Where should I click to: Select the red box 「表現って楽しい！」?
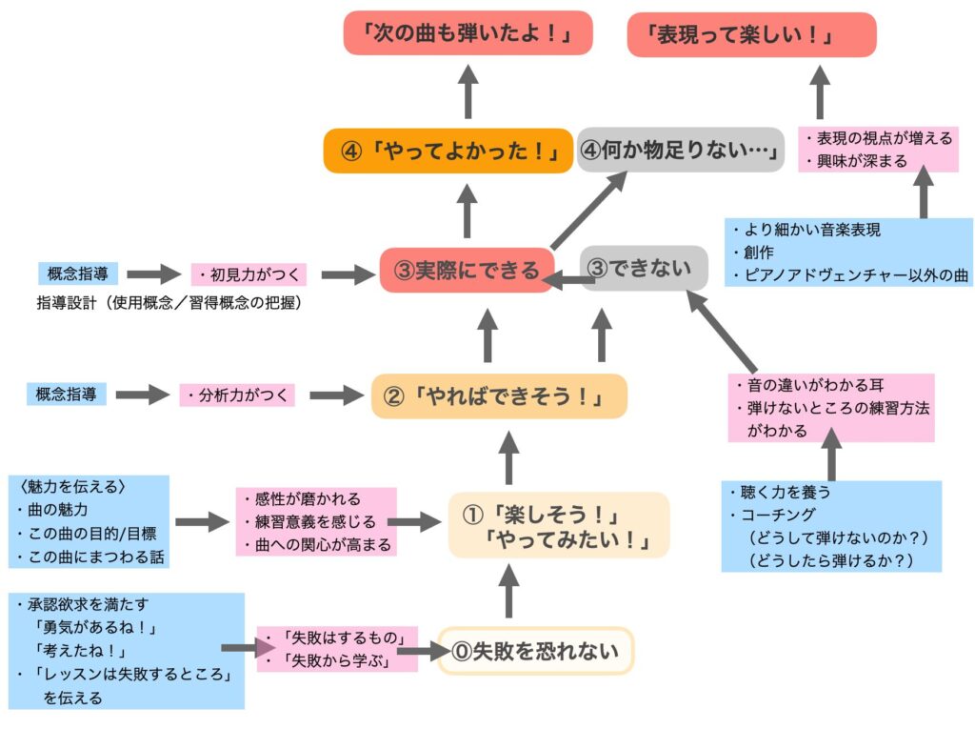[x=751, y=34]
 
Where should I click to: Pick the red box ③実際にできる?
[x=466, y=270]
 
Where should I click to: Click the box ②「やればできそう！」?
[x=499, y=396]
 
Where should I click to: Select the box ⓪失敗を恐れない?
[x=535, y=652]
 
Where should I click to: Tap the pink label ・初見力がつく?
[x=250, y=275]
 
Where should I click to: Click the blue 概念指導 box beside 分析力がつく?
[x=66, y=393]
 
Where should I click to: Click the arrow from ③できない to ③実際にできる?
[x=568, y=277]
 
